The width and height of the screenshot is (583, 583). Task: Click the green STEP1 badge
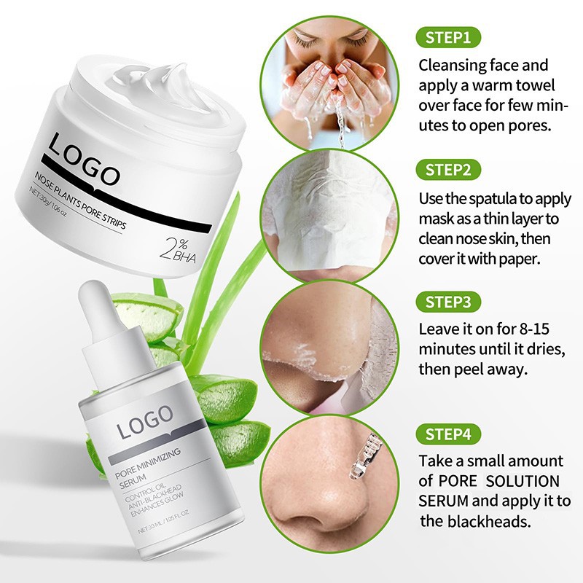click(x=447, y=36)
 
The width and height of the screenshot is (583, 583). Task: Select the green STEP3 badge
click(x=448, y=301)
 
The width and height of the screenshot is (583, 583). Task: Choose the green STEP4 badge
click(x=448, y=435)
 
